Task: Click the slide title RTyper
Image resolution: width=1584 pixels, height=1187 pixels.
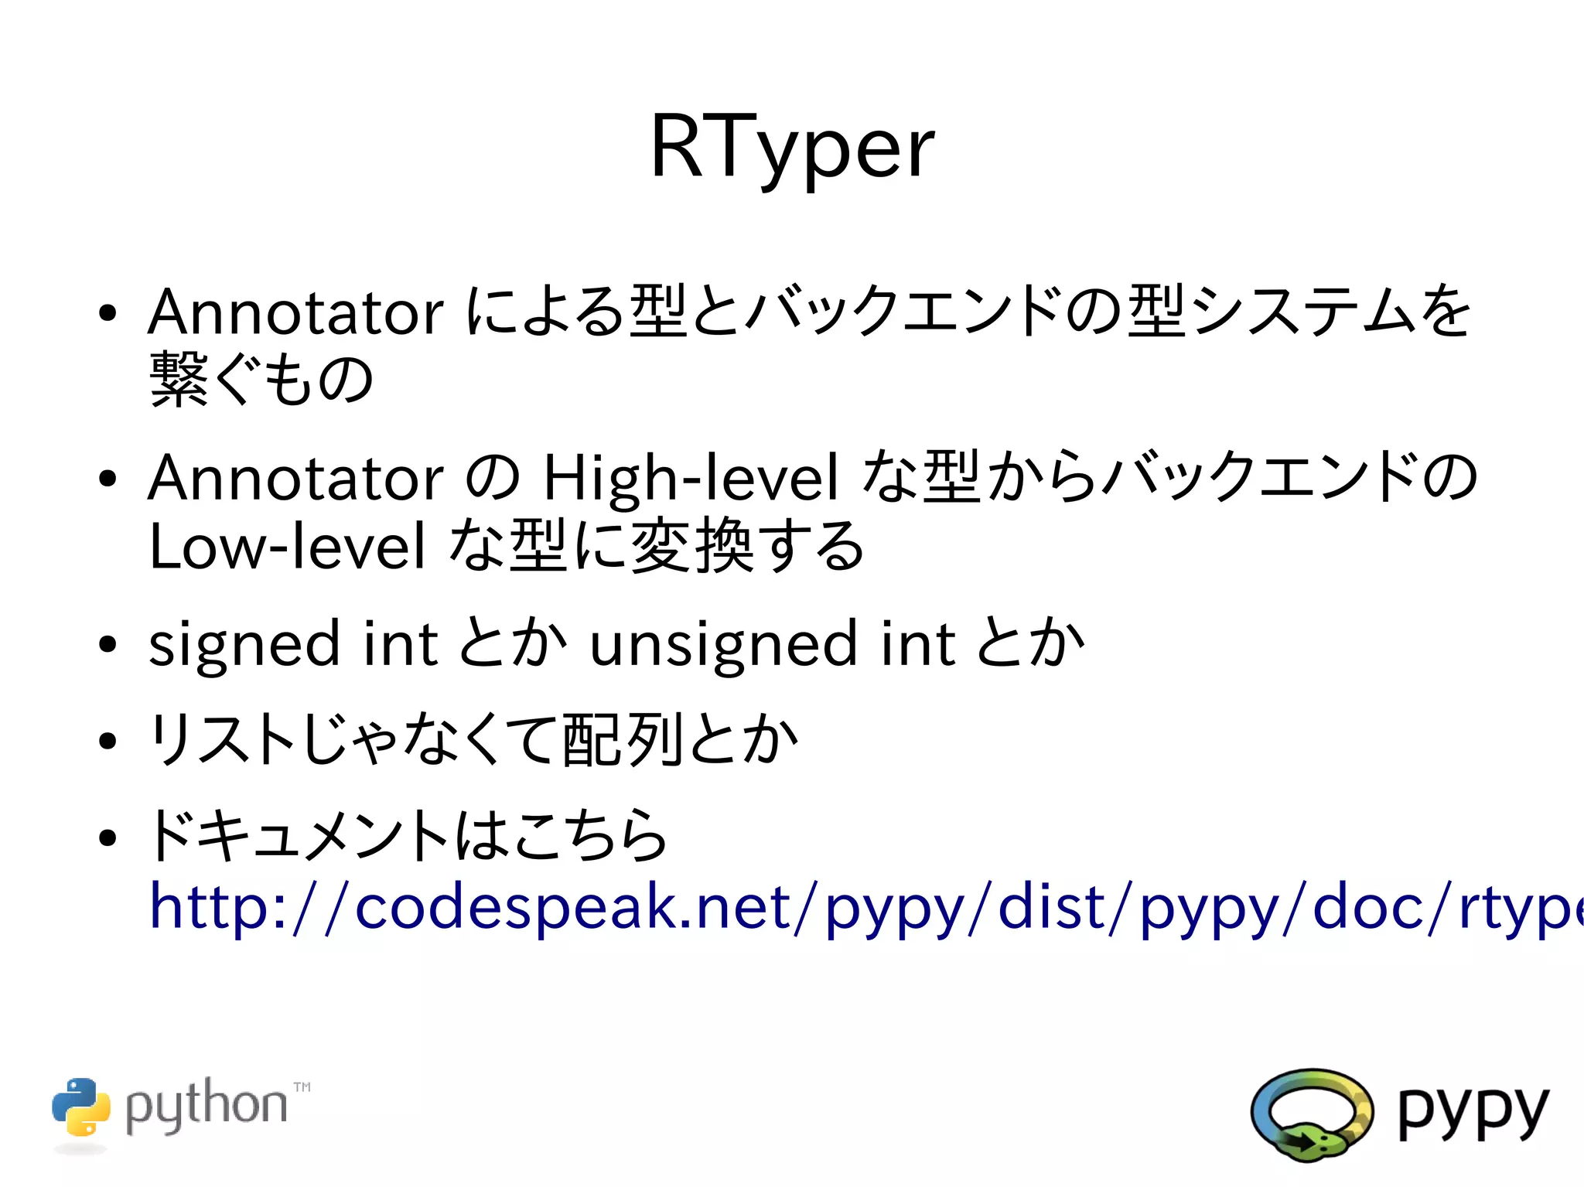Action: click(792, 147)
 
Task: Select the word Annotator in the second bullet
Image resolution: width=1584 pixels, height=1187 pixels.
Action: click(295, 477)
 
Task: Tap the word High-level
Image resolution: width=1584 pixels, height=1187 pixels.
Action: click(691, 477)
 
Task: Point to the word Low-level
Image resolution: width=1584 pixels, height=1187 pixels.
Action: click(287, 546)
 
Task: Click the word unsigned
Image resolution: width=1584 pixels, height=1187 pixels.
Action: click(723, 643)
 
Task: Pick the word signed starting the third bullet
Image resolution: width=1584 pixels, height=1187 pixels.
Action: click(244, 643)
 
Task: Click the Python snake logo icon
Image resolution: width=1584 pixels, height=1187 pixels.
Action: click(81, 1107)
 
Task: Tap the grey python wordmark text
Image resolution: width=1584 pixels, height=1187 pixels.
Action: click(206, 1106)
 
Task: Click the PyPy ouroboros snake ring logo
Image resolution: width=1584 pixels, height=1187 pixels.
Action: click(1312, 1114)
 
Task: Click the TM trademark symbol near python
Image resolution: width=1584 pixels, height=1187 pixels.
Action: click(302, 1087)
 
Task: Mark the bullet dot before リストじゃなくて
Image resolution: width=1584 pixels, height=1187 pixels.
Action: click(108, 741)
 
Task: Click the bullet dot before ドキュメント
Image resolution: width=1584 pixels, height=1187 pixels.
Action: click(108, 837)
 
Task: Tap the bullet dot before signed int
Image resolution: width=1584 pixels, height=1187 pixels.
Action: click(108, 643)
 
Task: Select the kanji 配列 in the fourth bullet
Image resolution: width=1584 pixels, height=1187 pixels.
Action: click(623, 741)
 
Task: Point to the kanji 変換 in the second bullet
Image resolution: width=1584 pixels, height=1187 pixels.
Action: click(692, 546)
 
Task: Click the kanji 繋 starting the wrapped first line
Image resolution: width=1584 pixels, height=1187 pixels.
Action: click(179, 380)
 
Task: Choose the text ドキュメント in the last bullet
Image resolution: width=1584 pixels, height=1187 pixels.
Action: click(299, 835)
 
